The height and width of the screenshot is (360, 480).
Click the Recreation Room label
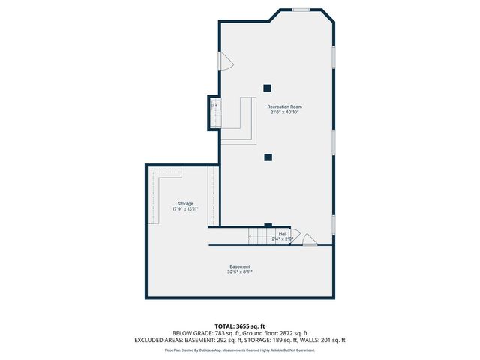285,106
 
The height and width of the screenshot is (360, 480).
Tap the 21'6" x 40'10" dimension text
285,112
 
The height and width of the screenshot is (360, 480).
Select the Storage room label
185,204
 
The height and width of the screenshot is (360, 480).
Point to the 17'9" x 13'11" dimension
185,210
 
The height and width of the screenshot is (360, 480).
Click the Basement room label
240,267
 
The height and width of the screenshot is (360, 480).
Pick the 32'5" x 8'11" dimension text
240,273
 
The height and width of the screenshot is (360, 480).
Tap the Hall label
283,233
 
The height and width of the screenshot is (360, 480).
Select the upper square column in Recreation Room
267,86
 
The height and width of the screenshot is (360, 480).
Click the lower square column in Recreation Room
267,157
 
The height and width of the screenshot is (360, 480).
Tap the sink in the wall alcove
214,106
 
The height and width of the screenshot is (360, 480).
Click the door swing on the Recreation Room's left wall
223,61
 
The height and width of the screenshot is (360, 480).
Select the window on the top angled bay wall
301,10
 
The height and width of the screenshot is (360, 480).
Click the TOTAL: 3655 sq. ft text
240,325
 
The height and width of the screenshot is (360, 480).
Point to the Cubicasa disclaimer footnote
240,349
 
